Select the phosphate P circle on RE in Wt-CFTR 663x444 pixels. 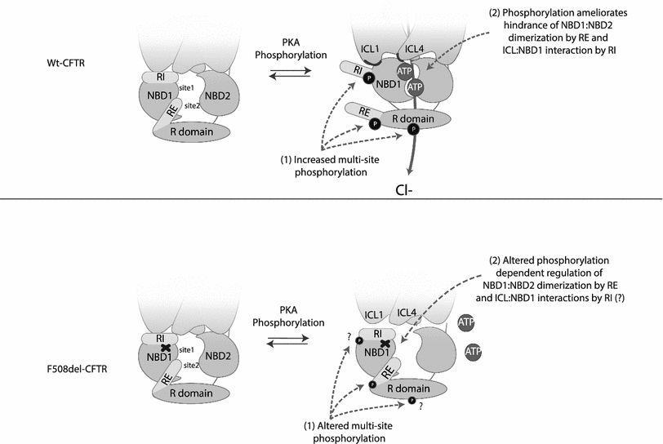(x=375, y=123)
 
